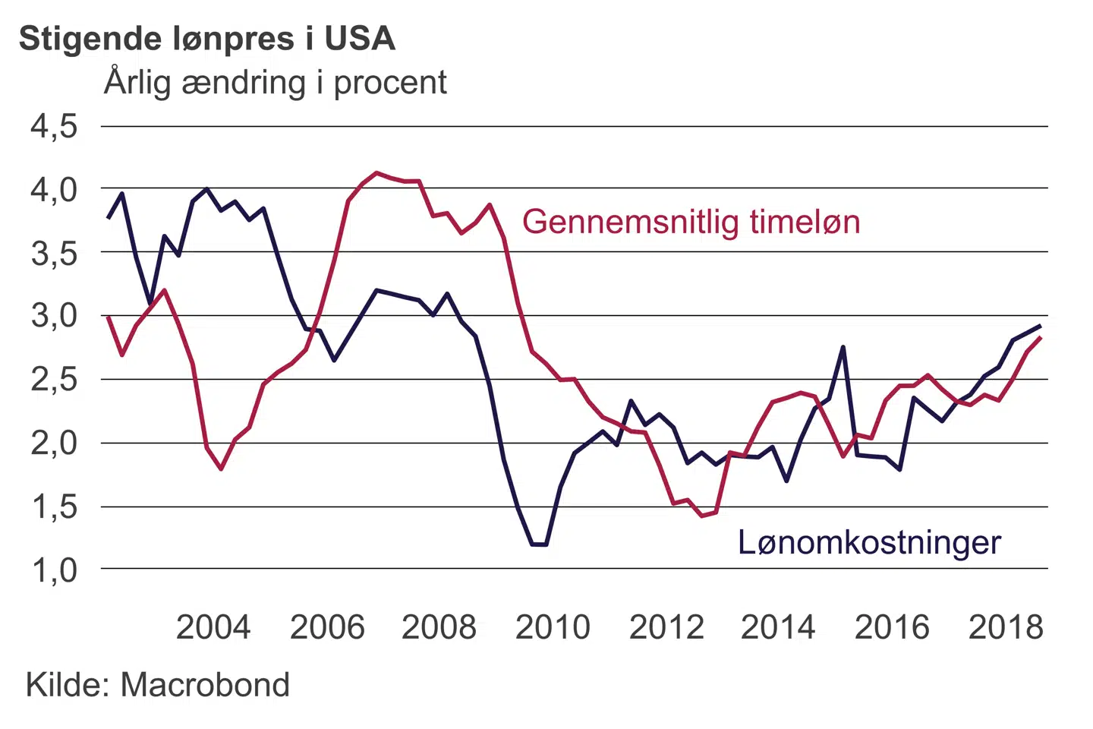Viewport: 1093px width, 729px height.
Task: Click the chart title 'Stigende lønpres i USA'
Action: (x=206, y=39)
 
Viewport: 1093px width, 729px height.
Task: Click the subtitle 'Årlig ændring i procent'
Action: (x=276, y=83)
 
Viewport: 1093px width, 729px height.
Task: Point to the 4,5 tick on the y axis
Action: (x=54, y=126)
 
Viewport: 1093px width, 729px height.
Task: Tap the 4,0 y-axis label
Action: (x=54, y=189)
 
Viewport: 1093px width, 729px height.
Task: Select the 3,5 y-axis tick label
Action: (x=54, y=253)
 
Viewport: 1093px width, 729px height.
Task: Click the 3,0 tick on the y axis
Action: (x=54, y=316)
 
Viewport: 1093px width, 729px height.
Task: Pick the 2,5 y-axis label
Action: (x=54, y=379)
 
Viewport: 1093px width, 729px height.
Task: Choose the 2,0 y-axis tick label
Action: (x=54, y=443)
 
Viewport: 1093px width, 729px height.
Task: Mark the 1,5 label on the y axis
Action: (x=54, y=507)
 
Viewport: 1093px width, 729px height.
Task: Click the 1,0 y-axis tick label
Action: (x=54, y=570)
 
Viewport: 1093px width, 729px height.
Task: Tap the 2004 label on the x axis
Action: (x=213, y=628)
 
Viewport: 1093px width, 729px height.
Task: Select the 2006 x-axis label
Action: (x=327, y=628)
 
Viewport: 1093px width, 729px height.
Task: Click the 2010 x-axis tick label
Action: (x=553, y=628)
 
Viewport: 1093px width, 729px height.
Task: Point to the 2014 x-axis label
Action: (x=778, y=628)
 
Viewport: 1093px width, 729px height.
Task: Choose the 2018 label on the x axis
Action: (x=1006, y=628)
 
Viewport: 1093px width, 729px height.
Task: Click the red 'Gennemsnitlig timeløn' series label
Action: (x=691, y=222)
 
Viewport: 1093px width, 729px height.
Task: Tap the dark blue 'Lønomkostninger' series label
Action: (x=869, y=543)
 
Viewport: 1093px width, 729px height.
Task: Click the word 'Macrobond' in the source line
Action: (x=205, y=685)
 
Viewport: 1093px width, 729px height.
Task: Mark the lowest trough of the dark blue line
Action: (x=539, y=544)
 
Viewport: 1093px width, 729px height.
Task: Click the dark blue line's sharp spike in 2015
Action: (x=843, y=347)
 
